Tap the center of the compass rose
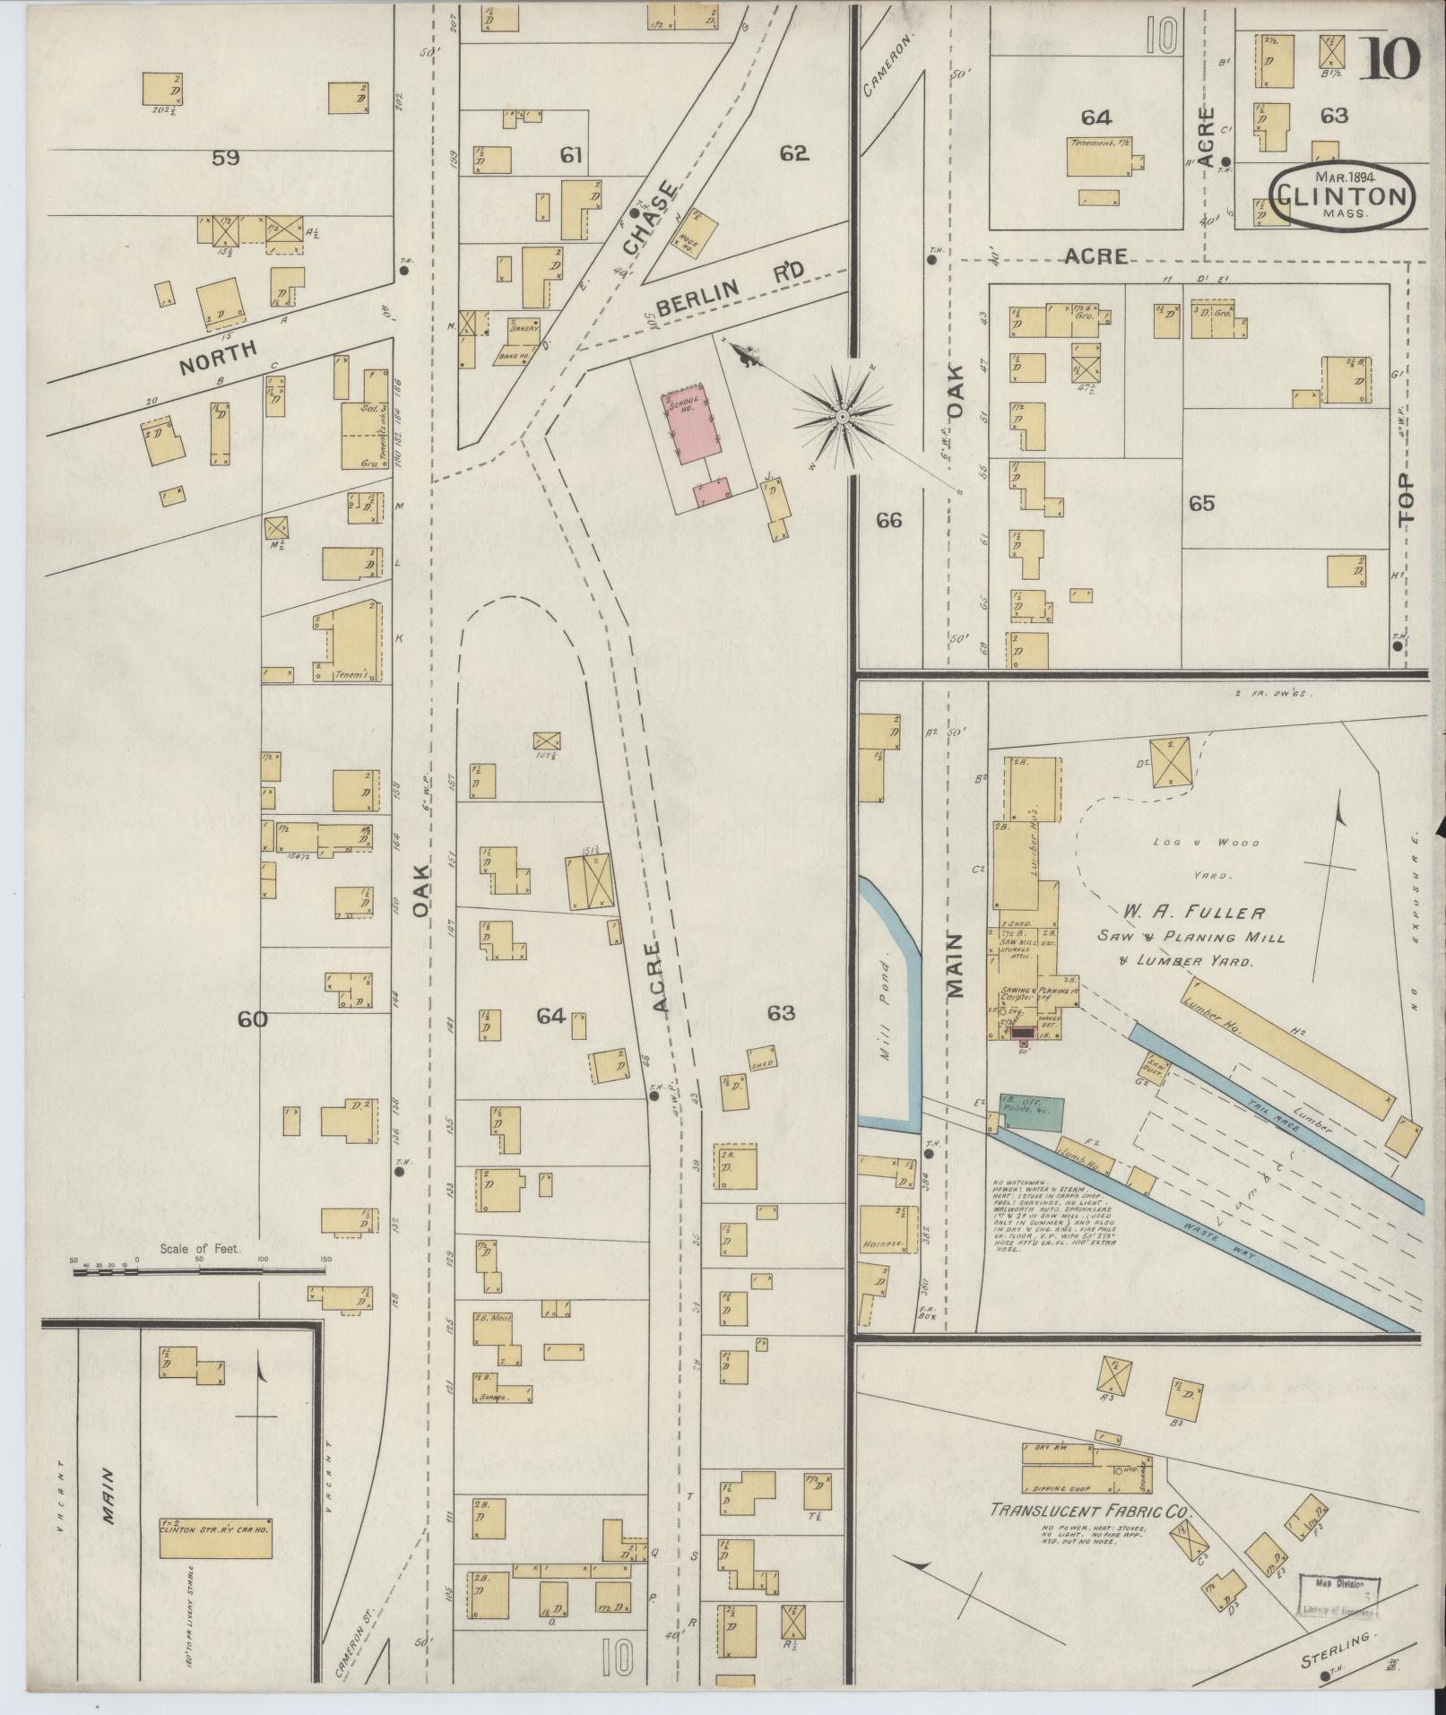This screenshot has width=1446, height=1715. tap(843, 418)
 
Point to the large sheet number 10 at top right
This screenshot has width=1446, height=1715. tap(1392, 60)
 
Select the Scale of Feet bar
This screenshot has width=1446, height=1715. tap(198, 1270)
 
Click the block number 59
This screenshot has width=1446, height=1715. tap(225, 159)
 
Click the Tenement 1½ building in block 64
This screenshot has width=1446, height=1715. tap(1098, 158)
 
